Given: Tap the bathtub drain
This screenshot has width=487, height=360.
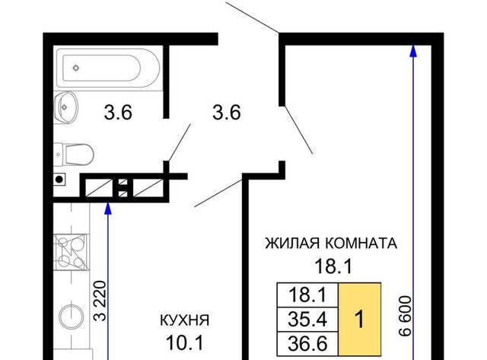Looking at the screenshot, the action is click(76, 68).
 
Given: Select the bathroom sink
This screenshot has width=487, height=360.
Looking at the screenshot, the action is click(65, 107).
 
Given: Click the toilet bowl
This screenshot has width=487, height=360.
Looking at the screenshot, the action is click(74, 155).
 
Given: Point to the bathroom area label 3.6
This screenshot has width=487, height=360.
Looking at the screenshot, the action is click(118, 112).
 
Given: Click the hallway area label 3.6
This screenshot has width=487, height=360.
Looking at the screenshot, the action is click(227, 112).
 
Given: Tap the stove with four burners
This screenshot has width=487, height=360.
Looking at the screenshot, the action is click(72, 252).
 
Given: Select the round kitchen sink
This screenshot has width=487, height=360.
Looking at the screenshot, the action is click(72, 316).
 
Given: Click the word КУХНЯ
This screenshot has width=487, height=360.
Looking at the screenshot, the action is click(184, 320).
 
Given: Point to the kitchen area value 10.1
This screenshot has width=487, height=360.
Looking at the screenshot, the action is click(184, 342).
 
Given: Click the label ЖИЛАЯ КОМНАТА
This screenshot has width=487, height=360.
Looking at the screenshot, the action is click(331, 244).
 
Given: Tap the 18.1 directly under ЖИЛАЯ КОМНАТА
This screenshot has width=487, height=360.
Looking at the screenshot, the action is click(333, 266).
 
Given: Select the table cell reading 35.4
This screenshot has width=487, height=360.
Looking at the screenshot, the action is click(307, 320).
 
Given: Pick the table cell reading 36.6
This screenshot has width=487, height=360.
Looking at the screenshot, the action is click(307, 343).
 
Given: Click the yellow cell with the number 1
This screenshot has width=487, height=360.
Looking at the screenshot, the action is click(359, 319).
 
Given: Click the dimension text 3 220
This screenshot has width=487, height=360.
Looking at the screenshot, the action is click(100, 301).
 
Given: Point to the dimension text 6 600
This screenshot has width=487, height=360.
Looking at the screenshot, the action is click(405, 316).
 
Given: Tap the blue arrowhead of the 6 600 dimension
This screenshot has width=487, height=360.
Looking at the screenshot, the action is click(412, 51).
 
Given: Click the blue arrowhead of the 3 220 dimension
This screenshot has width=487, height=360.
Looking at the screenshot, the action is click(108, 209).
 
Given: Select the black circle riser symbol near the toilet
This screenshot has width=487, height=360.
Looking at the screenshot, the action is click(59, 179).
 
